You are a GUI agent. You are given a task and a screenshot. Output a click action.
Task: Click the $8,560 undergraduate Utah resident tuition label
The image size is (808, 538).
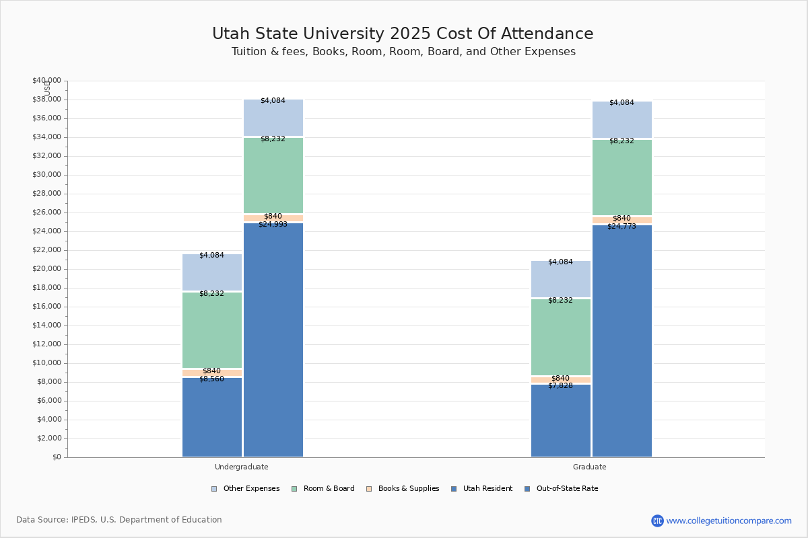[x=211, y=379]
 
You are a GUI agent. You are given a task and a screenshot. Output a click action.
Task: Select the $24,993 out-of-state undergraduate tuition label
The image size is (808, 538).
[x=273, y=224]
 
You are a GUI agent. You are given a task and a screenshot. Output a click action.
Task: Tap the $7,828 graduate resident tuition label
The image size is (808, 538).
[x=560, y=385]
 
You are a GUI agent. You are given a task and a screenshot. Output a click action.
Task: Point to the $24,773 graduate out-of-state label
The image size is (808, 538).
[x=621, y=226]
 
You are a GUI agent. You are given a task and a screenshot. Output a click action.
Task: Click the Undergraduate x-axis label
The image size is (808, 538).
[x=242, y=467]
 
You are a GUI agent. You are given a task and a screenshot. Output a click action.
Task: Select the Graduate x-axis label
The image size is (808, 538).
[x=590, y=467]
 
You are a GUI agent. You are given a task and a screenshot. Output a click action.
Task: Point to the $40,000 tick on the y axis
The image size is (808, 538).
[x=46, y=81]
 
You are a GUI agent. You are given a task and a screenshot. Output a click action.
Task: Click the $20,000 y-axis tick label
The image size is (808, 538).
[x=46, y=269]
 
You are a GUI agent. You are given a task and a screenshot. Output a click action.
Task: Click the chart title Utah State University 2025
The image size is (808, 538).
[x=403, y=34]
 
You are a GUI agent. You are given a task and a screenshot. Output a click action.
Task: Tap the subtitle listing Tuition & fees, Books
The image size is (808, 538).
[x=403, y=52]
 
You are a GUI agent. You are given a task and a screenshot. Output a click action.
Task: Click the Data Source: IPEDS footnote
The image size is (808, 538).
[x=119, y=520]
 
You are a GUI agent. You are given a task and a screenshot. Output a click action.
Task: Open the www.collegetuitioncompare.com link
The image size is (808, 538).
[x=729, y=521]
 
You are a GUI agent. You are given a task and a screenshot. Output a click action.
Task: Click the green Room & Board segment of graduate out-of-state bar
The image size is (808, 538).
[x=622, y=178]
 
